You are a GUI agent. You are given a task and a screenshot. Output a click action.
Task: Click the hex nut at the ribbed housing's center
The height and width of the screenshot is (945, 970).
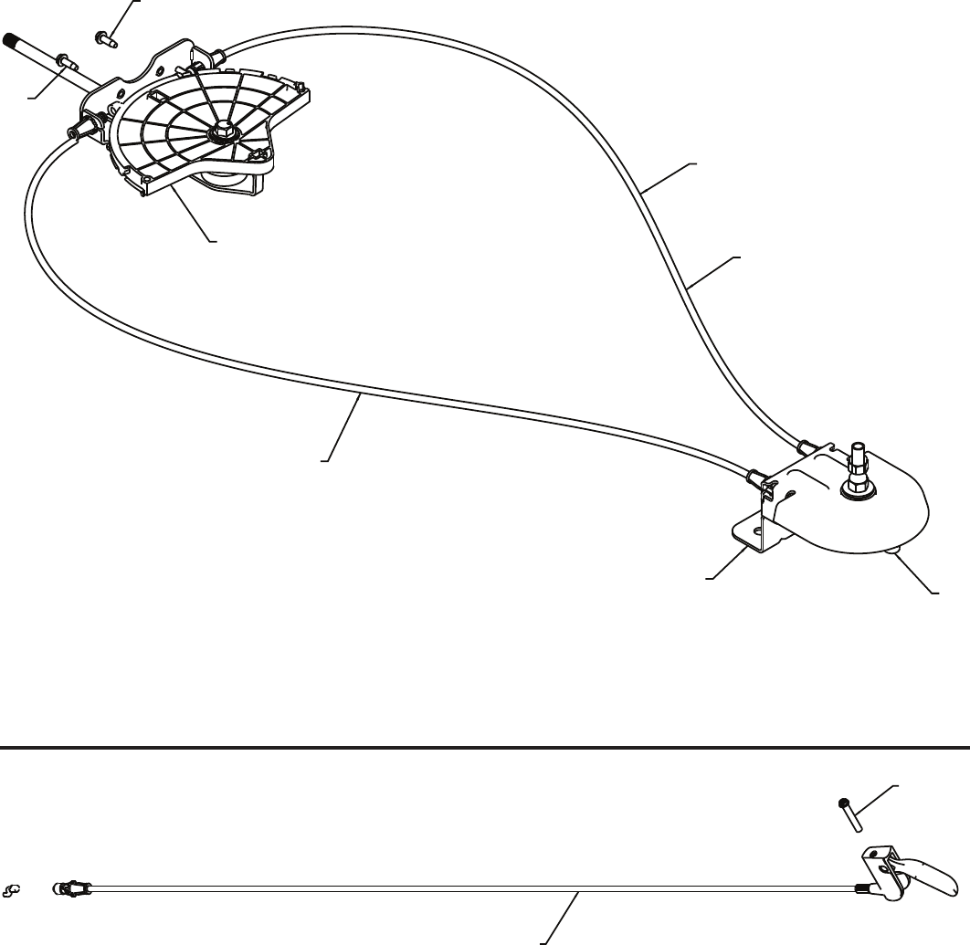(222, 134)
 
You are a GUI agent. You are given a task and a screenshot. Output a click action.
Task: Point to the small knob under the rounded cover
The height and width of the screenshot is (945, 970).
(892, 550)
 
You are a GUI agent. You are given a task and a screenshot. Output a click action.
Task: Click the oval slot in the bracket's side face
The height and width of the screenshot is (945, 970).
(791, 493)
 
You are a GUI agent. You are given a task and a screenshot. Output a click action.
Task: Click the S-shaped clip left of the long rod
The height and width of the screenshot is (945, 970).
(13, 887)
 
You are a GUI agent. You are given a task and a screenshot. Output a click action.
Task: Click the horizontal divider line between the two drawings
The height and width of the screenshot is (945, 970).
(484, 747)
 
